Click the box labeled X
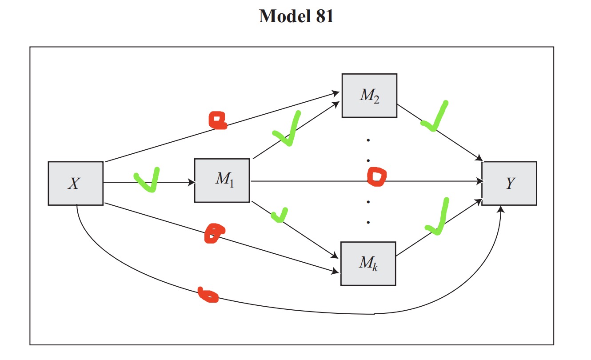pyautogui.click(x=76, y=183)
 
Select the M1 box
pyautogui.click(x=222, y=180)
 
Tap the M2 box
pyautogui.click(x=369, y=96)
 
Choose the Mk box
pyautogui.click(x=368, y=264)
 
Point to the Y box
pyautogui.click(x=509, y=183)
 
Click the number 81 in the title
pyautogui.click(x=320, y=17)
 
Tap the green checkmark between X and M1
pyautogui.click(x=147, y=180)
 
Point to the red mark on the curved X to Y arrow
pyautogui.click(x=208, y=295)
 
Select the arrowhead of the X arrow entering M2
pyautogui.click(x=337, y=93)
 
